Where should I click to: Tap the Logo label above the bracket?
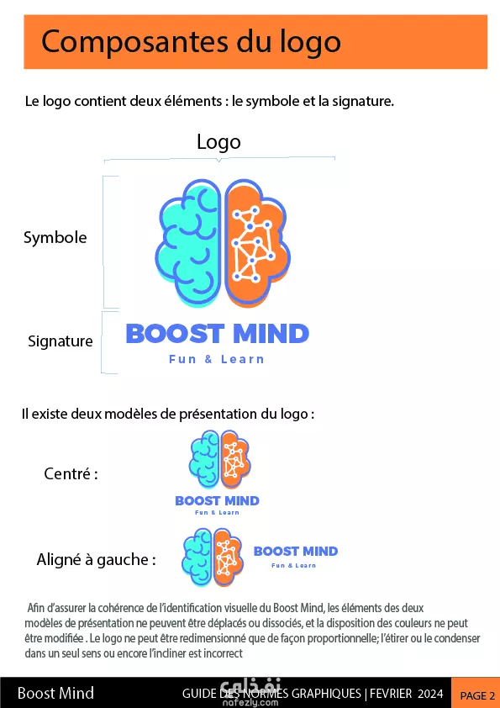(218, 143)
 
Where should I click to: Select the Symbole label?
(55, 237)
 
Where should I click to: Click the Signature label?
(60, 341)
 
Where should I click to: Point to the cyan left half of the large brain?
(188, 242)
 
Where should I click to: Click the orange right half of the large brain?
(257, 242)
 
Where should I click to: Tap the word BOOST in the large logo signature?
(175, 334)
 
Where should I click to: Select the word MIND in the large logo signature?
(271, 334)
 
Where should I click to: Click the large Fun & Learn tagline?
(217, 359)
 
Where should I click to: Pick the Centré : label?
(71, 474)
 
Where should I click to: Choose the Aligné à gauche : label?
(96, 560)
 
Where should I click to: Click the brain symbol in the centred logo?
(220, 459)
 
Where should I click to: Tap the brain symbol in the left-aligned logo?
(213, 557)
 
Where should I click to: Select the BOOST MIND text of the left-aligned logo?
(296, 552)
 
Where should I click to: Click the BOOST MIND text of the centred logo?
(217, 501)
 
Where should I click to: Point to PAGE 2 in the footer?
(477, 696)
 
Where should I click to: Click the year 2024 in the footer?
(430, 694)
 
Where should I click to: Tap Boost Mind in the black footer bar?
(55, 693)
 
